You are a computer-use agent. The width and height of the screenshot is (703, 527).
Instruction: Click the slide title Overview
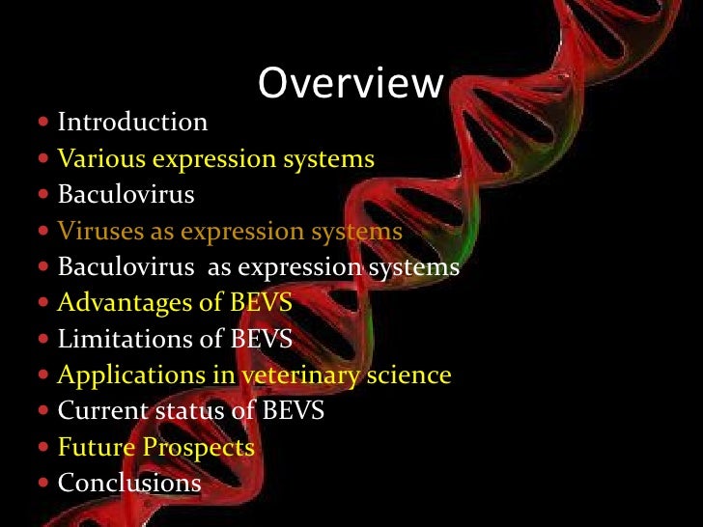pyautogui.click(x=350, y=85)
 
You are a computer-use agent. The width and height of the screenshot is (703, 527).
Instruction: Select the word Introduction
pyautogui.click(x=132, y=123)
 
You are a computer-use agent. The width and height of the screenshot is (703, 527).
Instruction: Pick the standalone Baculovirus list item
pyautogui.click(x=126, y=195)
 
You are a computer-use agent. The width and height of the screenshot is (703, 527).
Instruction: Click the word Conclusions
pyautogui.click(x=129, y=483)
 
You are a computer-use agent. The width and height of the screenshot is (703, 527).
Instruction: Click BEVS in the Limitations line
pyautogui.click(x=260, y=339)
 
